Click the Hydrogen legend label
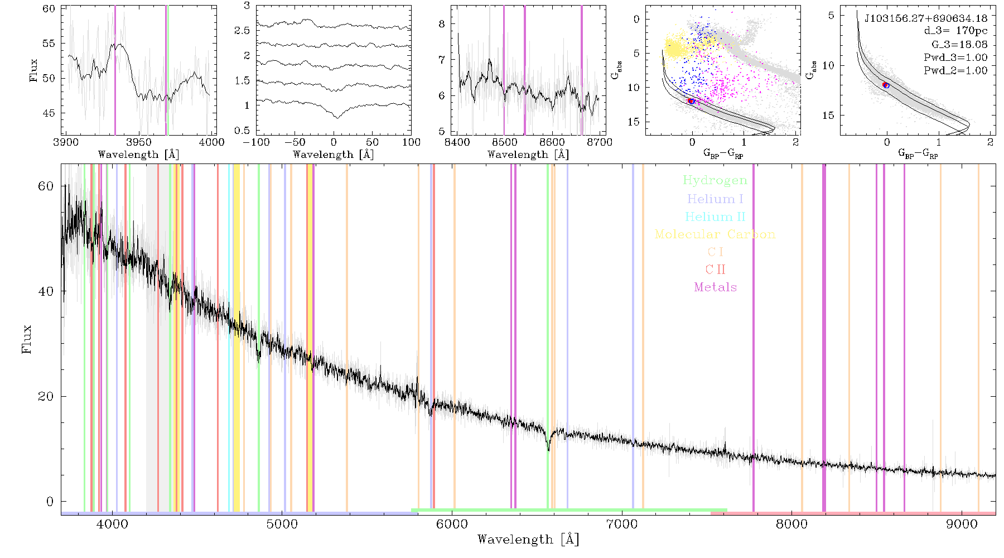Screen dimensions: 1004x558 click(x=715, y=180)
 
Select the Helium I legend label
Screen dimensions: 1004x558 click(x=715, y=199)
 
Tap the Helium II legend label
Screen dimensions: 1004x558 click(x=715, y=217)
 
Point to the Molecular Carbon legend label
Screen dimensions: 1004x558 click(x=715, y=234)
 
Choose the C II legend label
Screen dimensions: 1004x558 click(x=715, y=270)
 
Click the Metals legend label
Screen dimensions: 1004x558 click(x=715, y=287)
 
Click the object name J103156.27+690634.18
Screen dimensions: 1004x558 click(x=926, y=18)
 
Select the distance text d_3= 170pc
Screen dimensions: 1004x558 click(x=955, y=31)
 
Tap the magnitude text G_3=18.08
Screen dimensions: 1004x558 click(x=959, y=45)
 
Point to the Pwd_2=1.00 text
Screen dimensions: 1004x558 click(x=955, y=71)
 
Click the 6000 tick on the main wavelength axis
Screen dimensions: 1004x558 click(x=452, y=524)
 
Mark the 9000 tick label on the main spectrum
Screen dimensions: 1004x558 click(x=962, y=524)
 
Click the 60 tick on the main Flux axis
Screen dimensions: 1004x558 click(x=46, y=186)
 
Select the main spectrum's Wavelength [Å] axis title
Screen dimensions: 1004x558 click(x=528, y=540)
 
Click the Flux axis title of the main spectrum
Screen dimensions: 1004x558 click(x=26, y=339)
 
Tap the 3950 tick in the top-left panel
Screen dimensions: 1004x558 click(x=139, y=142)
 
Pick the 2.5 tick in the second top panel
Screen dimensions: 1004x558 click(x=242, y=31)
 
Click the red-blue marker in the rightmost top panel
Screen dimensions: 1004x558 click(x=886, y=85)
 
